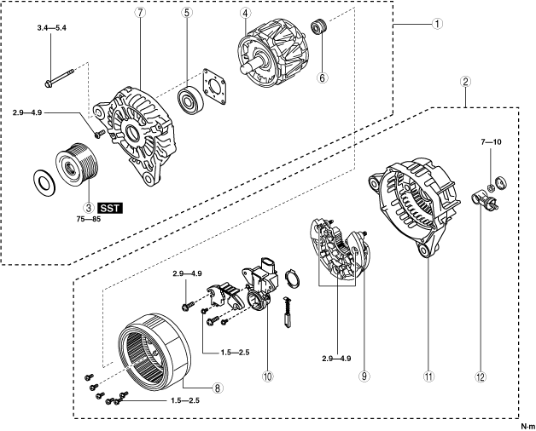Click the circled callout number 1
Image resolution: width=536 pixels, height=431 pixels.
coord(435,25)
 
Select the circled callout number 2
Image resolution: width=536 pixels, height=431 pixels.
coord(465,83)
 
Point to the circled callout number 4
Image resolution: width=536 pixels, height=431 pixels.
coord(245,14)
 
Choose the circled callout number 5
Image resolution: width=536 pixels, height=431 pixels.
coord(187,14)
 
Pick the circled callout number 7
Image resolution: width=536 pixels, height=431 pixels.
coord(140,14)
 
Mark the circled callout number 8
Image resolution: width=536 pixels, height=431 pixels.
coord(218,388)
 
